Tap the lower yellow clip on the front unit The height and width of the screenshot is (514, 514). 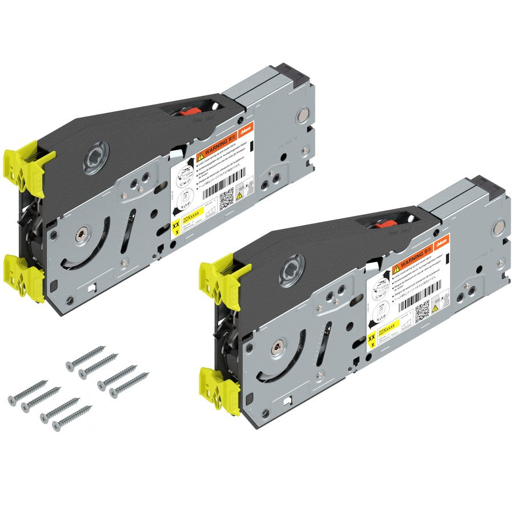pyautogui.click(x=220, y=387)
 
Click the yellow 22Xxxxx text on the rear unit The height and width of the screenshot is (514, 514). pyautogui.click(x=192, y=218)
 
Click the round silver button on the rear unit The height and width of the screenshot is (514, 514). pyautogui.click(x=300, y=119)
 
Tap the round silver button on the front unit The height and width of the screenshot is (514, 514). pyautogui.click(x=497, y=231)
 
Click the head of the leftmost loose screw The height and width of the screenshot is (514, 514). pyautogui.click(x=12, y=400)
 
